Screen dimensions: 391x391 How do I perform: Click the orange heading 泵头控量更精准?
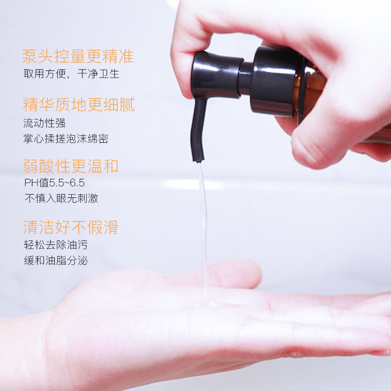coord(78,57)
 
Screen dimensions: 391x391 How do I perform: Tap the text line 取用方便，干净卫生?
coord(71,74)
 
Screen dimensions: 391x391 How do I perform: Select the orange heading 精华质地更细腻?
coord(78,105)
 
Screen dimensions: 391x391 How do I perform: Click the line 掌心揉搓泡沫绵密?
coord(65,139)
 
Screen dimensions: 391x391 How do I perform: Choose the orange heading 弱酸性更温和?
coord(70,166)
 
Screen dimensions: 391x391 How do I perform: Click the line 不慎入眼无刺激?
coord(61,198)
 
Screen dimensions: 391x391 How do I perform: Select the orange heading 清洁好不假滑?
coord(70,227)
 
